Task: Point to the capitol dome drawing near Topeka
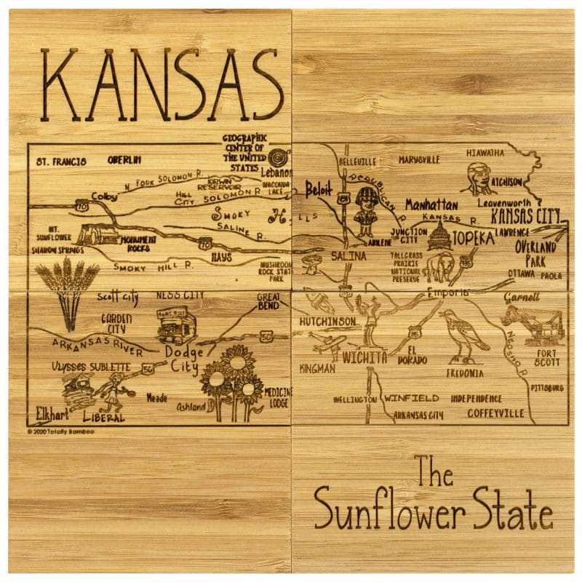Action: point(439,237)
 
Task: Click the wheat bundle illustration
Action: point(67,291)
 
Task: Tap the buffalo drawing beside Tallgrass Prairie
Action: point(439,268)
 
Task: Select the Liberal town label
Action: point(103,418)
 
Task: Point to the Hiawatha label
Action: point(485,153)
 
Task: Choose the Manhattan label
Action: point(431,204)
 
